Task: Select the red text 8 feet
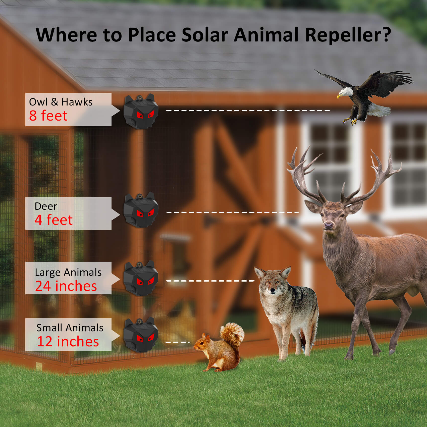[x=48, y=116]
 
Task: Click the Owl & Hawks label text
[x=61, y=102]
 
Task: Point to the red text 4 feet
[x=54, y=220]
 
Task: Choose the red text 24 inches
[x=66, y=286]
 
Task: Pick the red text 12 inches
[x=68, y=341]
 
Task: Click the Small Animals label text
[x=70, y=328]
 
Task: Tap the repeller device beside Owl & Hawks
[x=141, y=112]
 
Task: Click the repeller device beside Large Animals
[x=141, y=278]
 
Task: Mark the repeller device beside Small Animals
[x=141, y=335]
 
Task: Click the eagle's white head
[x=345, y=92]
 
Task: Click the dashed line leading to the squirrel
[x=178, y=342]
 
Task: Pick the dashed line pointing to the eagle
[x=248, y=111]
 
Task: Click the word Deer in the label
[x=46, y=206]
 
